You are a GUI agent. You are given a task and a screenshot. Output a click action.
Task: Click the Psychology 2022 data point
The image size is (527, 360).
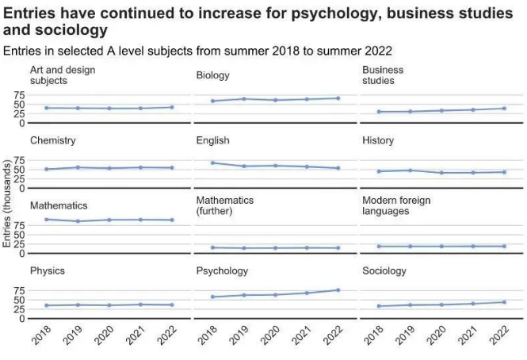[x=338, y=290]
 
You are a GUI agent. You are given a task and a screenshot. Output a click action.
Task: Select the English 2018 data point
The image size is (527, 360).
[x=212, y=163]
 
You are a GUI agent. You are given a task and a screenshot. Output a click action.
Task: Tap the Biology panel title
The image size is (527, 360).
[x=212, y=75]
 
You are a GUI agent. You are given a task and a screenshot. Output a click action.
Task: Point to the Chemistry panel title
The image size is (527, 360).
[x=52, y=140]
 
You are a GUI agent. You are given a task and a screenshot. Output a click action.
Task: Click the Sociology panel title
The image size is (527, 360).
[x=384, y=270]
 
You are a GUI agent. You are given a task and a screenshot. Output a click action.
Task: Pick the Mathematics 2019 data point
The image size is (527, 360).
[x=78, y=221]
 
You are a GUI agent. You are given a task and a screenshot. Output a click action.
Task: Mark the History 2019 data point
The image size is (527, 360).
[x=410, y=170]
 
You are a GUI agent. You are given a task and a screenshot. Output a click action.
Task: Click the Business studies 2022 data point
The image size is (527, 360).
[x=504, y=108]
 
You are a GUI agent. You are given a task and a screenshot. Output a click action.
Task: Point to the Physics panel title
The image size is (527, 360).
[x=48, y=270]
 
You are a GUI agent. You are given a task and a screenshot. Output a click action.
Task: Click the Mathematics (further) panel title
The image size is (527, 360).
[x=225, y=205]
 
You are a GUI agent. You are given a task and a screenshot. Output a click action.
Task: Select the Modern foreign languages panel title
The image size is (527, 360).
[x=396, y=205]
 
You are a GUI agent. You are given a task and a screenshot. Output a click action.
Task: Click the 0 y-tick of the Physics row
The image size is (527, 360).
[x=21, y=318]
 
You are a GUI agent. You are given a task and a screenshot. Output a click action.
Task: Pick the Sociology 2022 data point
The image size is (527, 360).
[x=504, y=302]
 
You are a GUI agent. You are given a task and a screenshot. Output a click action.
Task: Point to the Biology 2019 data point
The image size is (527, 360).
[x=243, y=98]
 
